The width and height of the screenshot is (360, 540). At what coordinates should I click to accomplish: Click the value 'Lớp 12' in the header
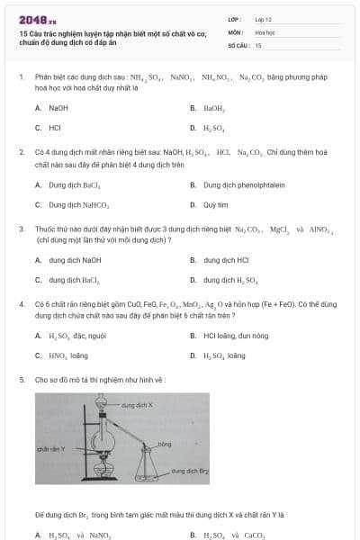click(264, 18)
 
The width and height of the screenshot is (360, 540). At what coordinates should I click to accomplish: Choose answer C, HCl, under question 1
click(55, 128)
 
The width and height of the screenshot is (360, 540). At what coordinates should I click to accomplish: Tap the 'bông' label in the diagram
click(163, 445)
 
